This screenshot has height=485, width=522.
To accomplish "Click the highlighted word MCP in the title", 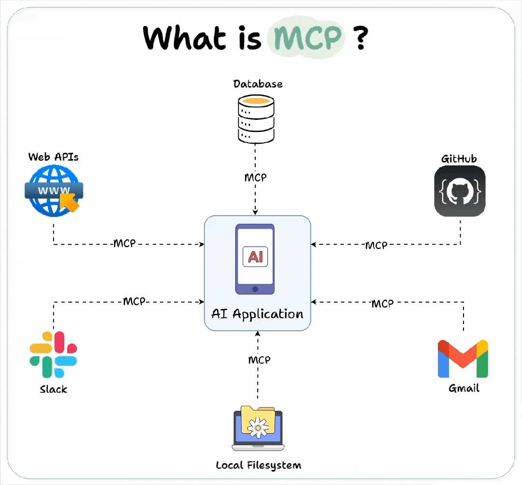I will [307, 37].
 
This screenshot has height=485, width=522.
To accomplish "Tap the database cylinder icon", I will [256, 118].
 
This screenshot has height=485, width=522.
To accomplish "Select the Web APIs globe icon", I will [53, 191].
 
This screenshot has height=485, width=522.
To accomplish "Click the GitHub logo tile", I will [459, 191].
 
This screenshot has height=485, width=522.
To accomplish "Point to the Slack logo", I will [53, 354].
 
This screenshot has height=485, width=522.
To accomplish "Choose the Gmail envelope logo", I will [463, 359].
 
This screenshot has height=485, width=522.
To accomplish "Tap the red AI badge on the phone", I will [255, 256].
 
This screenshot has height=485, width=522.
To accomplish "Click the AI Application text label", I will [257, 314].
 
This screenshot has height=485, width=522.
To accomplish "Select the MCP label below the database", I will [255, 177].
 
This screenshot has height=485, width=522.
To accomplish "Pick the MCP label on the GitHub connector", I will [376, 245].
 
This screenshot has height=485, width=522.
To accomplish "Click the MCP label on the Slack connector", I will [134, 301].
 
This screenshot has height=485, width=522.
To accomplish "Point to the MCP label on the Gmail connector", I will [382, 304].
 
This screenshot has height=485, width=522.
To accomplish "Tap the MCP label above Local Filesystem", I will [259, 360].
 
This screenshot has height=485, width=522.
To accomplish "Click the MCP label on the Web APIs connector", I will [125, 243].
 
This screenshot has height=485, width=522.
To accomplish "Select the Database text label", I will [258, 84].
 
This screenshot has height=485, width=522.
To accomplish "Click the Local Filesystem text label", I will [258, 465].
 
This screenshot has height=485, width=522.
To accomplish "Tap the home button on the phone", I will [255, 289].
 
